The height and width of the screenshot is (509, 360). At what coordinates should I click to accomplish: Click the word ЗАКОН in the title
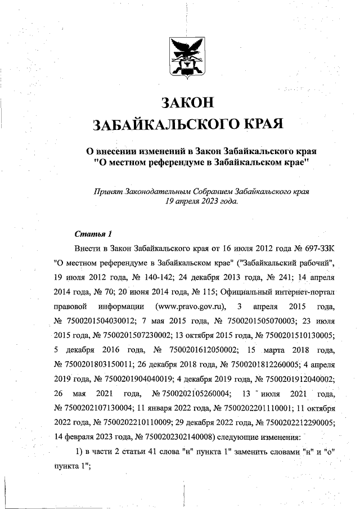(x=188, y=103)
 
